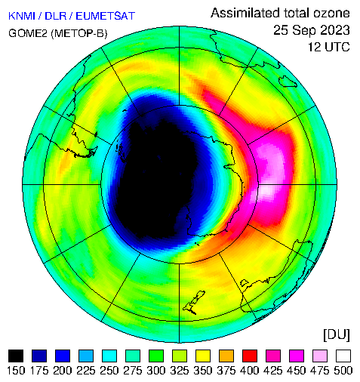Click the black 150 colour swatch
(x=16, y=356)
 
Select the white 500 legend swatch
(x=343, y=356)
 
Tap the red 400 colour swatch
(x=250, y=356)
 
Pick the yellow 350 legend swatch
(x=203, y=356)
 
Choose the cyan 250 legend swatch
(x=109, y=356)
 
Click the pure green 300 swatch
(x=156, y=356)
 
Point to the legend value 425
(x=273, y=371)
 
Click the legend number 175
(x=39, y=371)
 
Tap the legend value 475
(x=320, y=371)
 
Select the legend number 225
(x=86, y=371)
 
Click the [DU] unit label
(x=337, y=335)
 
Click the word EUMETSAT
(x=106, y=16)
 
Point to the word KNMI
(x=22, y=16)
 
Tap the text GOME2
(x=28, y=33)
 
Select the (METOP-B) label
(x=79, y=33)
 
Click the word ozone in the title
(x=331, y=13)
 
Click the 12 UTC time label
(x=329, y=47)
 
